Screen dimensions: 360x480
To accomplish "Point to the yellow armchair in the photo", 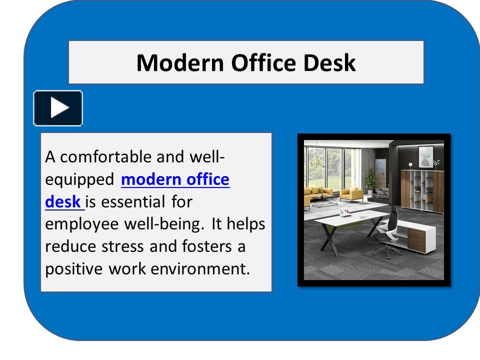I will tap(351, 194).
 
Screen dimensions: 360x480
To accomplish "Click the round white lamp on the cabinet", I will tap(410, 164).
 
